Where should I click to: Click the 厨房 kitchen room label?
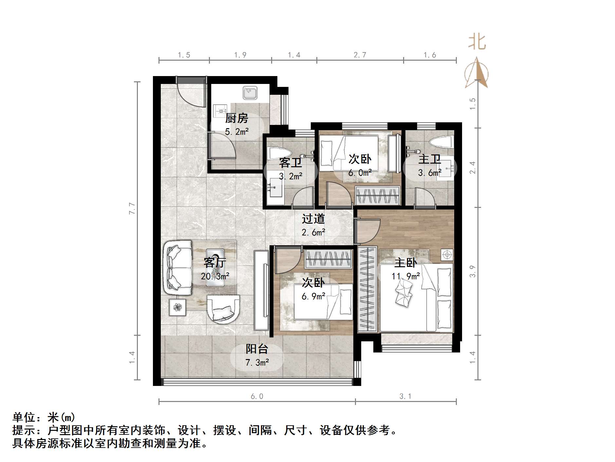[236, 118]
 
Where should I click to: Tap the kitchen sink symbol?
[250, 93]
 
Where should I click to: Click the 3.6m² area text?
[429, 172]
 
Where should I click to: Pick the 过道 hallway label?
[313, 219]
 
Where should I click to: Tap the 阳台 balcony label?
[257, 349]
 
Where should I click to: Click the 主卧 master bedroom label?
[405, 263]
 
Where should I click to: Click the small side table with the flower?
[177, 307]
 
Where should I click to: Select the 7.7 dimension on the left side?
[132, 209]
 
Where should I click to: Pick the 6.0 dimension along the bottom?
[257, 396]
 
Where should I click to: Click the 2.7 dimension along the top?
[360, 55]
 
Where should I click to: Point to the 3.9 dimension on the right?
[472, 271]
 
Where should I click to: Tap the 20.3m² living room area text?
[215, 276]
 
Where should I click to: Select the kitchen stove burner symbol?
[220, 110]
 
